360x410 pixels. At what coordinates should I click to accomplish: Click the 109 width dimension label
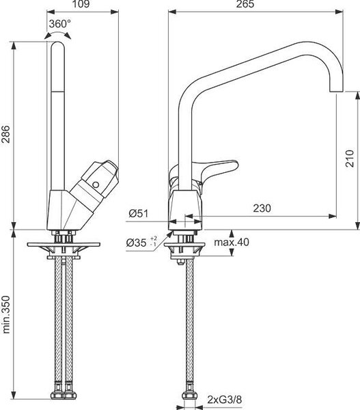tap(81, 3)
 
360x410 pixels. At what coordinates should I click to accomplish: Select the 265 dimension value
tap(245, 3)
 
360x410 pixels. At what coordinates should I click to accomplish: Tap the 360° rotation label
tap(60, 24)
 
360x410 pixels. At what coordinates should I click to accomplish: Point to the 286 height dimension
tap(5, 134)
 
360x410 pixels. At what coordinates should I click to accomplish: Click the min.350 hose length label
tap(5, 314)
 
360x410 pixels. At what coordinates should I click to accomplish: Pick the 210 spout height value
tap(350, 159)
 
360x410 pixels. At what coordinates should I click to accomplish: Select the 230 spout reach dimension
tap(262, 208)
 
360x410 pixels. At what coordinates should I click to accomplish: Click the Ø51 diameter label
tap(138, 214)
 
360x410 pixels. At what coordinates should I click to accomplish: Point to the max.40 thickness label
tap(232, 242)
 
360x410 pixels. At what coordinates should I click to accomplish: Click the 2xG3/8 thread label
tap(225, 400)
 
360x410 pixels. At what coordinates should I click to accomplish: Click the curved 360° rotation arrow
tap(57, 33)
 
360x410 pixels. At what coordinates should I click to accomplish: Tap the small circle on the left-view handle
tap(96, 185)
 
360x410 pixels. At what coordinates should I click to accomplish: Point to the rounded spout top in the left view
tap(57, 44)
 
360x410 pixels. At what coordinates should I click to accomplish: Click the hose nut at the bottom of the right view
tap(189, 395)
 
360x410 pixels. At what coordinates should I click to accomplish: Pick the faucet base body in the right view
tap(185, 210)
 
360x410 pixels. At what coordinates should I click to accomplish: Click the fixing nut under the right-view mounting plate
tap(180, 262)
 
